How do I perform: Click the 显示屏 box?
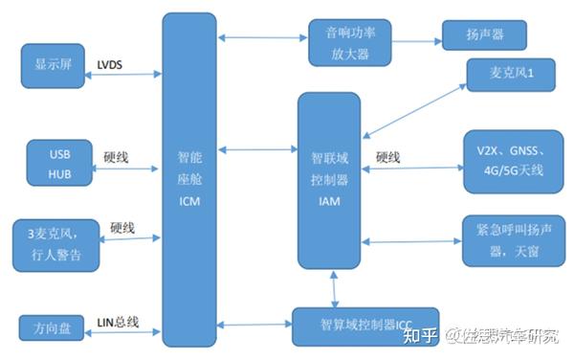tap(53, 66)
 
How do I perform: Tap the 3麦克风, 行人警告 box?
tap(55, 245)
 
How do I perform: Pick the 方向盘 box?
tap(53, 325)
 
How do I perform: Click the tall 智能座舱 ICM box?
tap(189, 180)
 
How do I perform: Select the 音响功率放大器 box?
tap(351, 43)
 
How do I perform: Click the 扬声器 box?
tap(485, 36)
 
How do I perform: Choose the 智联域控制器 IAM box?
tap(329, 180)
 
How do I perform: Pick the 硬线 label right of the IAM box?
tap(386, 156)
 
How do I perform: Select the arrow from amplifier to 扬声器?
tap(417, 39)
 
